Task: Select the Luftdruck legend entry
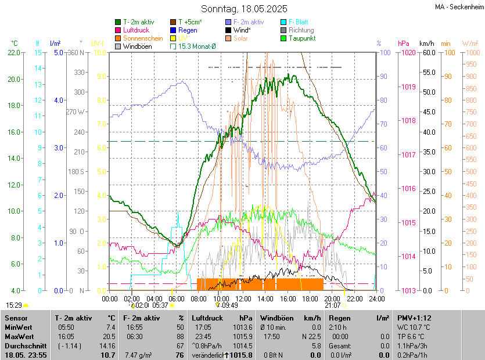pos(136,30)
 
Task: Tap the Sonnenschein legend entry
pos(143,38)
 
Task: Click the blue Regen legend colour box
pos(173,30)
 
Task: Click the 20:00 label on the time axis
pos(332,298)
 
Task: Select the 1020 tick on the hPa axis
pos(408,52)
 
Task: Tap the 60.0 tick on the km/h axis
pos(429,52)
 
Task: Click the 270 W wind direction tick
pos(76,112)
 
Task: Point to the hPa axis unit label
pos(404,43)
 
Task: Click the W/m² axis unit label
pos(470,43)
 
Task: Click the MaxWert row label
pos(19,336)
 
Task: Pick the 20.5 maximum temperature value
pos(109,336)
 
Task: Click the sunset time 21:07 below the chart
pos(333,305)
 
